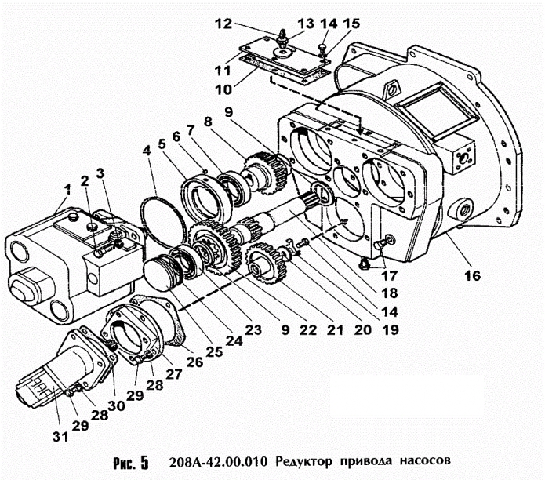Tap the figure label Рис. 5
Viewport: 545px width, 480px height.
point(129,460)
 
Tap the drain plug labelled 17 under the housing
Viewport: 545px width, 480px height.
point(363,265)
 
